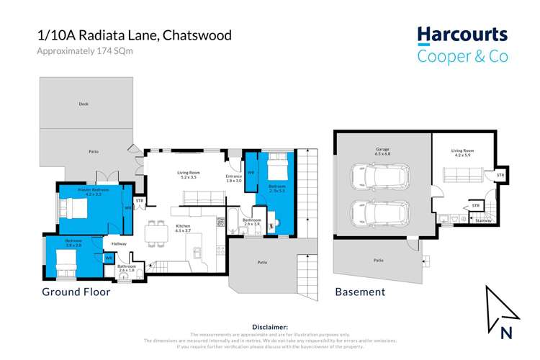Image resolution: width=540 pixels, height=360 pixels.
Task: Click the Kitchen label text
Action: click(x=184, y=227)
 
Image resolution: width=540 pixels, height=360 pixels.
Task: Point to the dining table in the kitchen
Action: click(x=154, y=233)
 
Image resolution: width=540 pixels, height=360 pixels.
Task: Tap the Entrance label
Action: click(x=234, y=178)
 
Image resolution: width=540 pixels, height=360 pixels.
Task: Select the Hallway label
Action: click(x=119, y=244)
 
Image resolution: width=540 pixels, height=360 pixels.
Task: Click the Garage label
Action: click(x=382, y=150)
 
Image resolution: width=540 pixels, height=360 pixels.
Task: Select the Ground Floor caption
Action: click(x=75, y=292)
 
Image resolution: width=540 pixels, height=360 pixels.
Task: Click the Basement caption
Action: click(x=359, y=292)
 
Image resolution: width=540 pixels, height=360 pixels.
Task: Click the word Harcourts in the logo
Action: click(x=462, y=35)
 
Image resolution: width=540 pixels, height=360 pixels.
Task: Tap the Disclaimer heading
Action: click(x=270, y=327)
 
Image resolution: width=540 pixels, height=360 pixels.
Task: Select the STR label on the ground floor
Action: click(x=140, y=201)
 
